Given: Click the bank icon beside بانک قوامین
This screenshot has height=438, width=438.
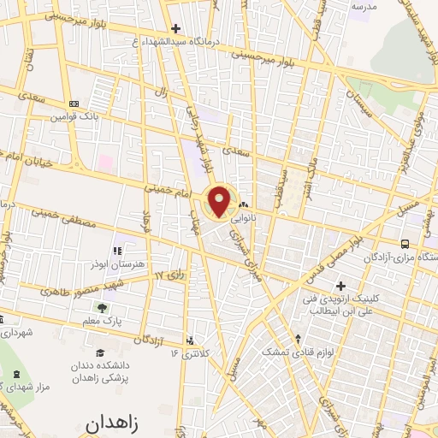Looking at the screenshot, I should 73,103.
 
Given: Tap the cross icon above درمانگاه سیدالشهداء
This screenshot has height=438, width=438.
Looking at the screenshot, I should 175,27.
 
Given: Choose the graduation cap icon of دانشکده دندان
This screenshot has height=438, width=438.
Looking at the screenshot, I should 100,352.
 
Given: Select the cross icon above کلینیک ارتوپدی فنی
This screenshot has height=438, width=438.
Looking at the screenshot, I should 340,285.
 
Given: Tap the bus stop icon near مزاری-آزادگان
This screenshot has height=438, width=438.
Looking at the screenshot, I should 403,243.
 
